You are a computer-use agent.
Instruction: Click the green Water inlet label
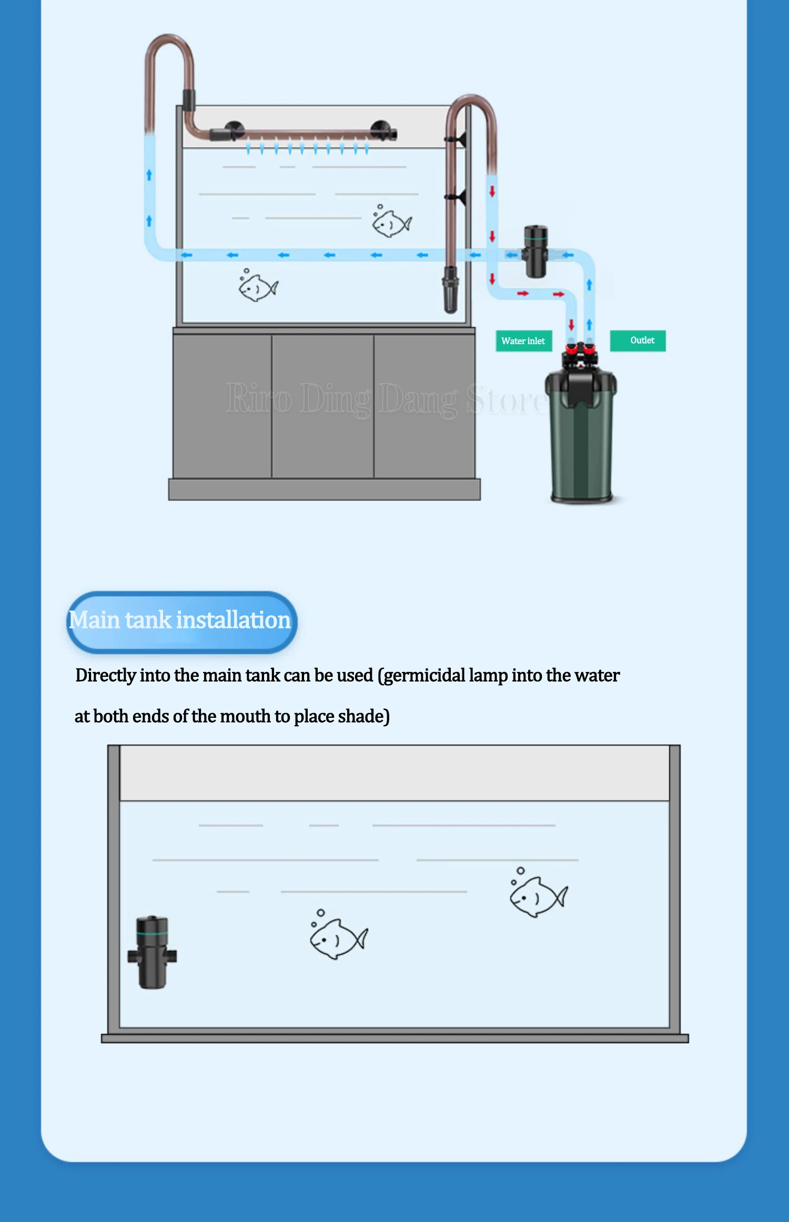pos(523,340)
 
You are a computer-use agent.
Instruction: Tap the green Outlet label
pos(638,340)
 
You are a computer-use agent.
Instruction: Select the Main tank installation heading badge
pos(181,622)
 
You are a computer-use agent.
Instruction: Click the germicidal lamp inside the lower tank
pos(152,953)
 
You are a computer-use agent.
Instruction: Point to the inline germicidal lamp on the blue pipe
pos(535,252)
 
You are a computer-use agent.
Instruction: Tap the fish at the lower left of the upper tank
pos(258,286)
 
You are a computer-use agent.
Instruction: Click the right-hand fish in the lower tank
pos(538,893)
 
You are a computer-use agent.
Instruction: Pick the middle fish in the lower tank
pos(338,935)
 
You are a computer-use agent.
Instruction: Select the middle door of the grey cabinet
pos(323,406)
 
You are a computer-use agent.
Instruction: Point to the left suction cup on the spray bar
pos(234,129)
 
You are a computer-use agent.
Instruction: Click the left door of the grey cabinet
pos(222,406)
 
